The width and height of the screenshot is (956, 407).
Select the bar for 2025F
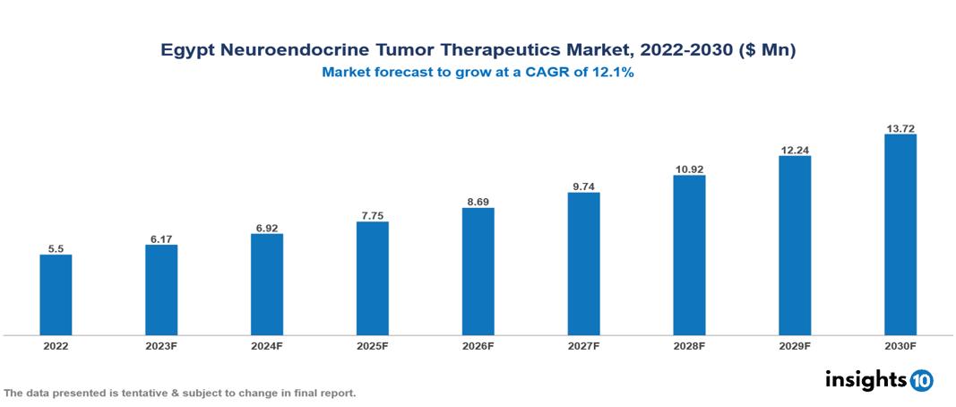[372, 279]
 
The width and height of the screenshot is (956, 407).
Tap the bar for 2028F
[689, 255]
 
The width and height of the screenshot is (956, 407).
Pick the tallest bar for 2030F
[900, 235]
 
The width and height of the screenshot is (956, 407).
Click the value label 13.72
[900, 129]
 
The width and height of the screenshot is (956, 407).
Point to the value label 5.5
[56, 249]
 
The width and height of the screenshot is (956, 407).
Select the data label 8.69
[478, 203]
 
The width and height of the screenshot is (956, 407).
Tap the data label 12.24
[794, 151]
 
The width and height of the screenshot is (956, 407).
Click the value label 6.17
[161, 239]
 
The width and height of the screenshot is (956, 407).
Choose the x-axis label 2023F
[161, 345]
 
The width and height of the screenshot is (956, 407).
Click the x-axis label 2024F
[267, 345]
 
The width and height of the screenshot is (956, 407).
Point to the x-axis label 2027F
[583, 345]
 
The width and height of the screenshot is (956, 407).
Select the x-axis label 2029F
[794, 345]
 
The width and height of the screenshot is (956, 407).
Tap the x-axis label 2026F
[478, 345]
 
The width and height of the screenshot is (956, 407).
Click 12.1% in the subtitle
[614, 74]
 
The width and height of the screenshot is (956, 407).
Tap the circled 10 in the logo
[922, 381]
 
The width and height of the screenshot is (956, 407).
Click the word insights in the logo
[866, 380]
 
